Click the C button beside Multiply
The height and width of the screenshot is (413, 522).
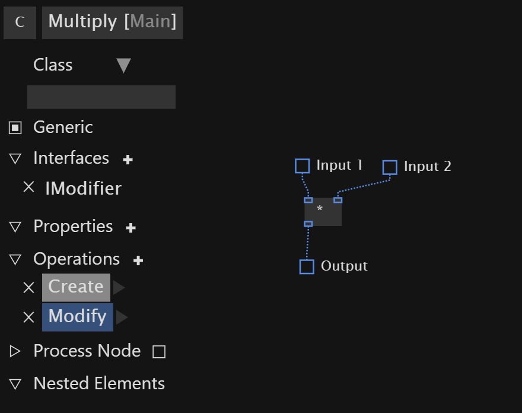(x=20, y=23)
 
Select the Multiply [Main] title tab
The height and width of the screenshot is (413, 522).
(x=112, y=23)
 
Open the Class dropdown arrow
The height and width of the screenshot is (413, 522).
(x=124, y=65)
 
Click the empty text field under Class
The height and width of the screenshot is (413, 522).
(x=101, y=97)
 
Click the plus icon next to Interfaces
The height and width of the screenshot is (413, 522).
(x=128, y=160)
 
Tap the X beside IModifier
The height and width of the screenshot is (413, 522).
(x=29, y=187)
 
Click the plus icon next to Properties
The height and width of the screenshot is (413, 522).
(x=131, y=228)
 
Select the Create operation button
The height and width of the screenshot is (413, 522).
(x=77, y=287)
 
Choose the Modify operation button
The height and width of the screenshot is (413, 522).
(x=78, y=317)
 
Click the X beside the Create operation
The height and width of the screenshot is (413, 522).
(x=29, y=287)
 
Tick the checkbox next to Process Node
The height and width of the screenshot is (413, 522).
(x=159, y=352)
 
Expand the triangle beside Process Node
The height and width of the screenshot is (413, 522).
(x=15, y=351)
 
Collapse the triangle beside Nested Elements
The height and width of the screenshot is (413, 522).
(x=15, y=384)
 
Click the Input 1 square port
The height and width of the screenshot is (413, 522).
(x=303, y=166)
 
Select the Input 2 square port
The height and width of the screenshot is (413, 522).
(x=390, y=167)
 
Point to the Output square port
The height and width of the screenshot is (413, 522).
(x=307, y=267)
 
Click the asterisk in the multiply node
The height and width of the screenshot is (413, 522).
(x=320, y=208)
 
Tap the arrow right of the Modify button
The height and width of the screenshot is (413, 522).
(x=122, y=317)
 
